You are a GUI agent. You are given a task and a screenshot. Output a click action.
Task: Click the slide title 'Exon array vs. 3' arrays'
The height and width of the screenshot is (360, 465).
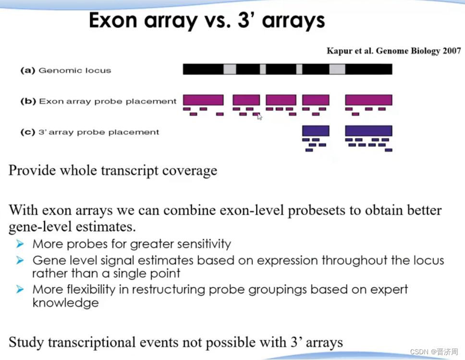207,21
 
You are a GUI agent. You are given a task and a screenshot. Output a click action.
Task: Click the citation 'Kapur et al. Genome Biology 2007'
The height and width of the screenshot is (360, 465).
393,51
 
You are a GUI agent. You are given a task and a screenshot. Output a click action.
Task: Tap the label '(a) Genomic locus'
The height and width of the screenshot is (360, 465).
65,71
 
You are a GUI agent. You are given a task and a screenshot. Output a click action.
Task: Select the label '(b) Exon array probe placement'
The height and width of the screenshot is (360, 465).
98,101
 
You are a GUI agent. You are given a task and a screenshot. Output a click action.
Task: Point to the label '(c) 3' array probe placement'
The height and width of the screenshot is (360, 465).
89,132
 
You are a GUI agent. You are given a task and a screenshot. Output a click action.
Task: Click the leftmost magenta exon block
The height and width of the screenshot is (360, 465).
203,100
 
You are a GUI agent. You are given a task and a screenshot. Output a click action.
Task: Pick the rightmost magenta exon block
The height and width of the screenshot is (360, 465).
368,100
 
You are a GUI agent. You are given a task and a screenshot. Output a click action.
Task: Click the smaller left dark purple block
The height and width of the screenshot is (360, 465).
316,131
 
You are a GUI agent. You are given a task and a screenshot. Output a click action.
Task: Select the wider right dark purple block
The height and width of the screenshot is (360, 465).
368,131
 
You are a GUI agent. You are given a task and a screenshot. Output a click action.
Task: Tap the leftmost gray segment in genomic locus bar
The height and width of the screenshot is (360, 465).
230,70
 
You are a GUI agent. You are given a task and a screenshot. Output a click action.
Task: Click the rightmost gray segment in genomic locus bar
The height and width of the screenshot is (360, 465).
337,70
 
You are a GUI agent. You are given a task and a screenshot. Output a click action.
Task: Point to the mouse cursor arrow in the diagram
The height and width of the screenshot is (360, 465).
259,117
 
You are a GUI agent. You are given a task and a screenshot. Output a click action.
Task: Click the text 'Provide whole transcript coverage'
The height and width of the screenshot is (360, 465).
113,170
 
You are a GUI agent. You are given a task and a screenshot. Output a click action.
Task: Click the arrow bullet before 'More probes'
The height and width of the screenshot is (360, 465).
20,244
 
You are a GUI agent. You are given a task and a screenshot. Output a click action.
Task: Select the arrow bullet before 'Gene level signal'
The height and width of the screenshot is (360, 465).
20,261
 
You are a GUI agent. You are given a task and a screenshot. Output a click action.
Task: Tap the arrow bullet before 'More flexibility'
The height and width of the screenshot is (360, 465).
20,290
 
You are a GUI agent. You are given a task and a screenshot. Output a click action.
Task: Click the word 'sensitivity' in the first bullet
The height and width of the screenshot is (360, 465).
203,244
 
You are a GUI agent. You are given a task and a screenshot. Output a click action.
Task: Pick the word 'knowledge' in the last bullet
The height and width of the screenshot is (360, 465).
65,303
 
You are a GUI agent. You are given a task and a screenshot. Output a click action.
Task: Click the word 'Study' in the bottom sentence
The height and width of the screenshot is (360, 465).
26,342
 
